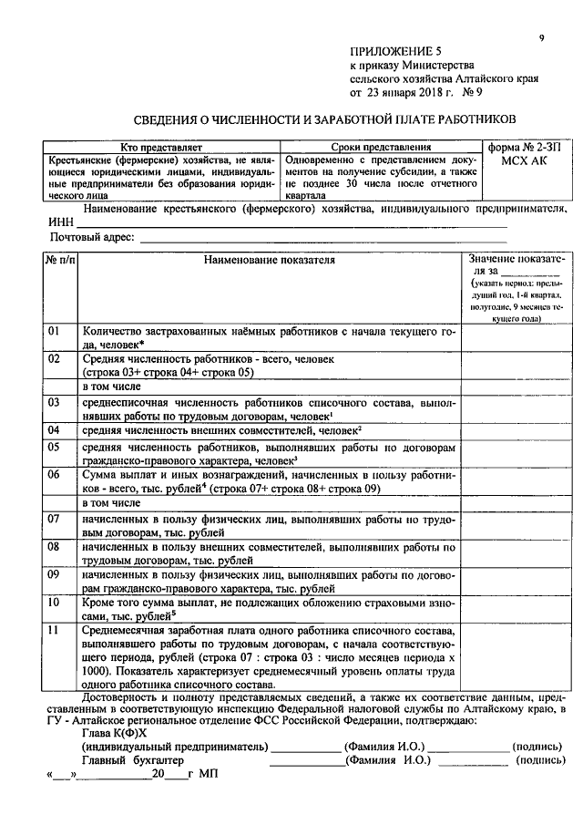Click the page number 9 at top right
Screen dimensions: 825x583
point(540,37)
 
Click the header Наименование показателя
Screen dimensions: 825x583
point(269,260)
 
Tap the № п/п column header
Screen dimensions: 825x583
point(61,260)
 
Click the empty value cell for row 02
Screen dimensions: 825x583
point(517,366)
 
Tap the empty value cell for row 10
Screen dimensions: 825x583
point(517,609)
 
